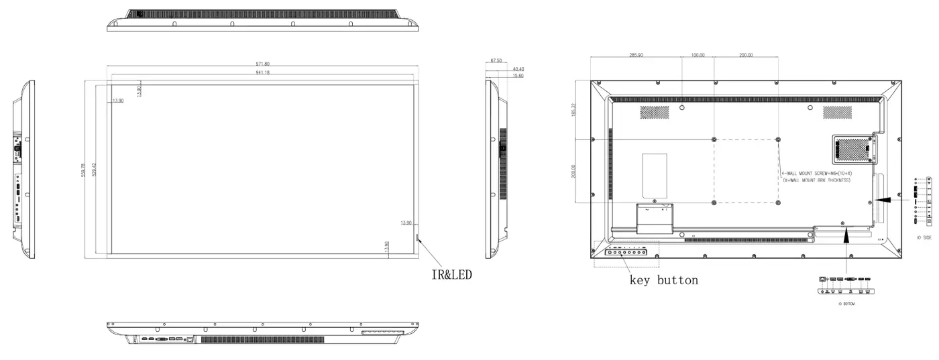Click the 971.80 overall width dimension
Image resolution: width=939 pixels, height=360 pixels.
point(262,64)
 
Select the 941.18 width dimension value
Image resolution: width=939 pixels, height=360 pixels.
point(262,72)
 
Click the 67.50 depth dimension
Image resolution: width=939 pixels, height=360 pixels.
point(496,60)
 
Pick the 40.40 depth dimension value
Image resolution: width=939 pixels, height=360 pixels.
point(518,69)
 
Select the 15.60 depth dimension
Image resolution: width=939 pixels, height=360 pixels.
point(518,76)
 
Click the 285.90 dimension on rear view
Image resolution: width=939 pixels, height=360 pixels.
point(636,55)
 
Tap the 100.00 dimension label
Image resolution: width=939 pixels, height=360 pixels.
point(698,55)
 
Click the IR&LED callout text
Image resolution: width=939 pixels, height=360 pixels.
point(451,274)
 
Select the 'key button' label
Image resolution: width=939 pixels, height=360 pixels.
point(663,280)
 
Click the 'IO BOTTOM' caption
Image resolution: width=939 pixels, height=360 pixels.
point(847,304)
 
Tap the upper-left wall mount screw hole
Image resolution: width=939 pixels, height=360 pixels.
point(714,139)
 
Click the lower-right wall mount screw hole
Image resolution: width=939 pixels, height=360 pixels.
point(777,202)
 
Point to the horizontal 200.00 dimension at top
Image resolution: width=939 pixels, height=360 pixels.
point(746,55)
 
